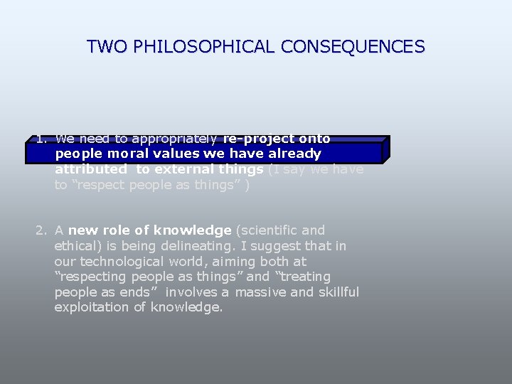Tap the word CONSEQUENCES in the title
(x=353, y=48)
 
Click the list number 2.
(x=41, y=230)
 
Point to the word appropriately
(x=170, y=138)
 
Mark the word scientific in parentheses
(x=267, y=230)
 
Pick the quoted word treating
(x=302, y=277)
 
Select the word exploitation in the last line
(x=91, y=308)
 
